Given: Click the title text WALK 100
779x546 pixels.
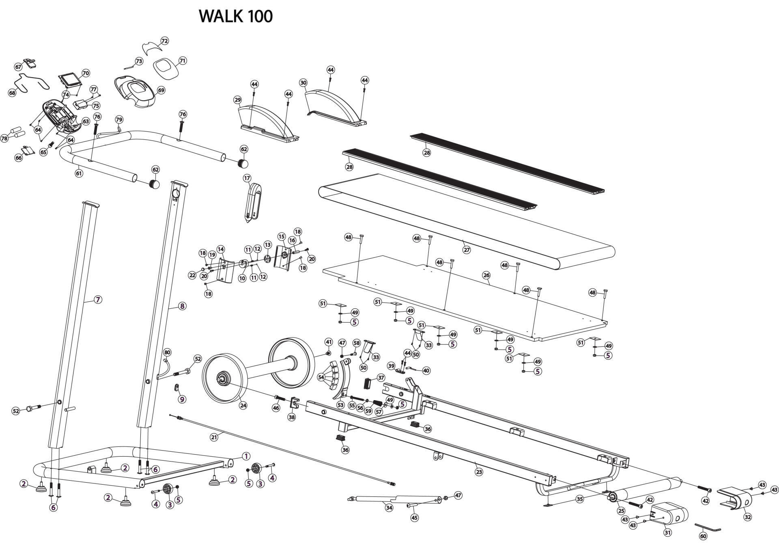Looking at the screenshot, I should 236,16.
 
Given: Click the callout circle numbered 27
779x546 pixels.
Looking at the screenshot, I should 467,250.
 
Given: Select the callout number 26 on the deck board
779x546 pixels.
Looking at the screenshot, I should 486,275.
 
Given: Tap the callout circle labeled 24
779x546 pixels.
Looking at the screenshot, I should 243,405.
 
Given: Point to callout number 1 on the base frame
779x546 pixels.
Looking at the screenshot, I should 246,456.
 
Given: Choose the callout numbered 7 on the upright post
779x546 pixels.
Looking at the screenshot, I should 98,300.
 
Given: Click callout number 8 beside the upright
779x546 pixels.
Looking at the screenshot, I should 182,306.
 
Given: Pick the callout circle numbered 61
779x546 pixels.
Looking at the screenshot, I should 79,173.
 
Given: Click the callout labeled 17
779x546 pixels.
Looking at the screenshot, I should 247,178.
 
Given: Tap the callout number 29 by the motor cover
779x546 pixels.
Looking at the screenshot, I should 238,100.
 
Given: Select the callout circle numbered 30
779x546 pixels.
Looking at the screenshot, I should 303,83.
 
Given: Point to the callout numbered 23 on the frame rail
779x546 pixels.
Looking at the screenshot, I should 479,472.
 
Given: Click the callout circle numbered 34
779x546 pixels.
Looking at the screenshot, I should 389,508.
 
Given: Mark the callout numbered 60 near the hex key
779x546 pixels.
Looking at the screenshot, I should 703,536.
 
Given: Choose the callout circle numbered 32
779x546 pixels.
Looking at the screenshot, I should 747,517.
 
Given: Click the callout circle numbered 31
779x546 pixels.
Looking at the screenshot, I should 667,532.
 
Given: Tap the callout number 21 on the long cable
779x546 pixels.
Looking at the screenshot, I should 214,437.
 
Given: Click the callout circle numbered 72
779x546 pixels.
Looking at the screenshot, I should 164,41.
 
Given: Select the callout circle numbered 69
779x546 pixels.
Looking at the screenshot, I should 161,90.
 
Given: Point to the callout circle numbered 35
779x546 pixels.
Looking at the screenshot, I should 579,498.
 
